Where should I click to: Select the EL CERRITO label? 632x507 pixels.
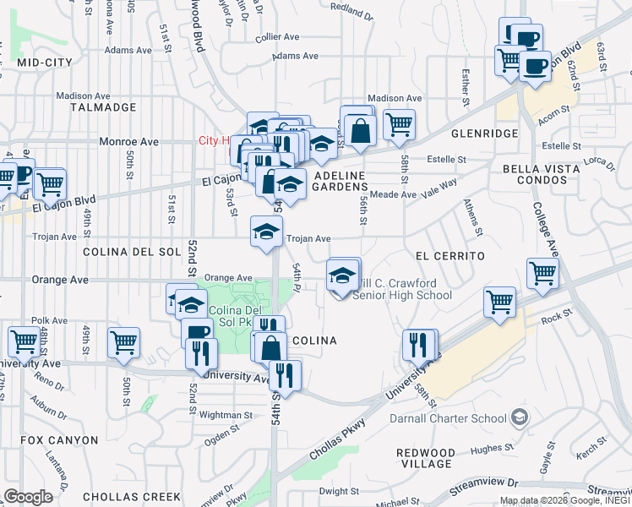[x=449, y=254]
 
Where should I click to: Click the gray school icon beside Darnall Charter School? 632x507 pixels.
[x=519, y=417]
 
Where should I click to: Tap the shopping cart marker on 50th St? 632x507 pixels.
[x=123, y=342]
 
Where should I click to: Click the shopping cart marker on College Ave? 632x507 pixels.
[x=542, y=272]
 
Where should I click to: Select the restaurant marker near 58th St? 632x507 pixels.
[x=418, y=344]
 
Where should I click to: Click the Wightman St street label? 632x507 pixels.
[x=225, y=415]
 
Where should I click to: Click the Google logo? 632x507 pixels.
[x=29, y=496]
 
